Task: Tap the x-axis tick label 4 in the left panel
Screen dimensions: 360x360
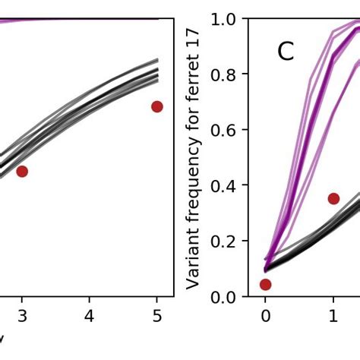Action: pos(89,316)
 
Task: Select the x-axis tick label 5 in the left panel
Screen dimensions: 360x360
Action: pos(156,316)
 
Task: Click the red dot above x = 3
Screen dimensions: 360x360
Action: pos(22,172)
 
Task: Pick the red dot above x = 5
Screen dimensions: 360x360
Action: pos(157,106)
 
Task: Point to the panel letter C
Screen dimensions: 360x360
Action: pos(285,52)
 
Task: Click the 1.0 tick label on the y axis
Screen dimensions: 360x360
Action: pos(225,18)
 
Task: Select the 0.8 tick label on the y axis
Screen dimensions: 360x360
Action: pos(225,74)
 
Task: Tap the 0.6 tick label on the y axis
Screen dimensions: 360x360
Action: pos(225,130)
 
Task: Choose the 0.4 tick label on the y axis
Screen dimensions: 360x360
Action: pos(225,185)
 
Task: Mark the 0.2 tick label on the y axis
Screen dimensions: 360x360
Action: pos(225,242)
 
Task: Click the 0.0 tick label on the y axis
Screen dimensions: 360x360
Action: pos(225,297)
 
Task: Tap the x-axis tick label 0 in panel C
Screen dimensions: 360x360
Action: pos(265,316)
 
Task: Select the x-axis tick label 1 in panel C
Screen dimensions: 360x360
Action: pos(333,316)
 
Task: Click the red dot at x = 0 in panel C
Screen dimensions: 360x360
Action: pos(265,285)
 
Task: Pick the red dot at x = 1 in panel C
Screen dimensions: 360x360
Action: pos(333,198)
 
